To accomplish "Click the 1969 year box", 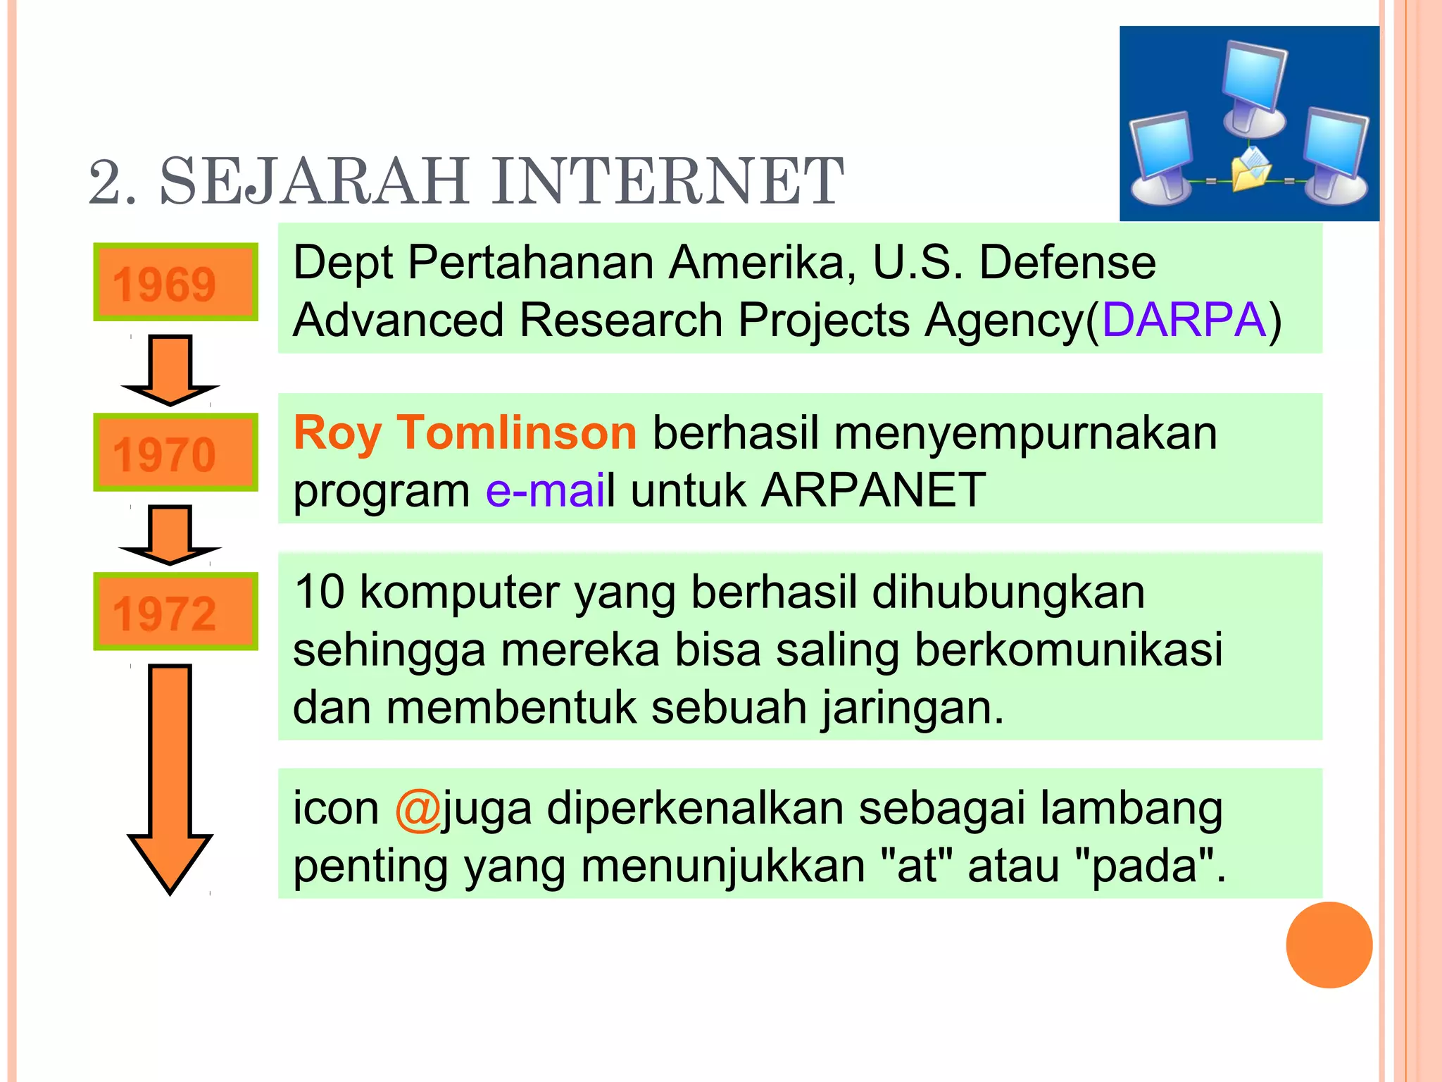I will pos(175,282).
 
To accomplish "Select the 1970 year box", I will pos(175,452).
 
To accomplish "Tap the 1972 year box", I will pos(175,611).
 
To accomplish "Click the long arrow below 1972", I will pos(170,775).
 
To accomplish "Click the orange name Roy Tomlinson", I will pos(465,433).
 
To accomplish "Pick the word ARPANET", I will pos(873,490).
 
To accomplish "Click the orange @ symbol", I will pos(418,809).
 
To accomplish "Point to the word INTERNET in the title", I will pos(667,182).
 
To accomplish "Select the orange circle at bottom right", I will pos(1329,945).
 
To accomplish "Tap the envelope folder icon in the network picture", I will pos(1250,170).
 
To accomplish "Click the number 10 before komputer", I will pos(319,592).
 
